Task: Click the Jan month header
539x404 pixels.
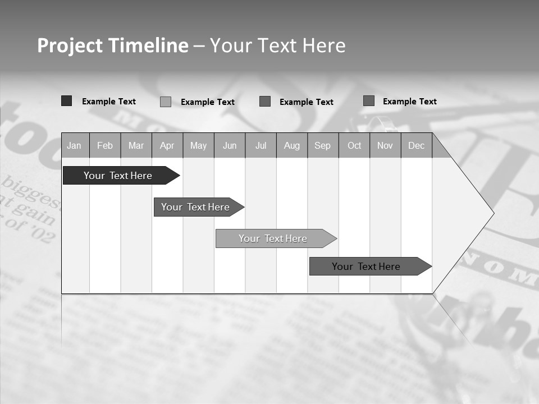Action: pyautogui.click(x=75, y=145)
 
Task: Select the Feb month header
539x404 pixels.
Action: pyautogui.click(x=105, y=145)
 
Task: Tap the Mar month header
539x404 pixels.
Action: pyautogui.click(x=136, y=145)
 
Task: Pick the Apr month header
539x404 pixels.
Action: pyautogui.click(x=167, y=145)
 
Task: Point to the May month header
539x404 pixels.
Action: pyautogui.click(x=198, y=145)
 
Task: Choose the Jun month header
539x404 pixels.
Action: pyautogui.click(x=230, y=145)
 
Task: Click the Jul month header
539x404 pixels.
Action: pyautogui.click(x=261, y=145)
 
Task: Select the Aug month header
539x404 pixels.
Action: pyautogui.click(x=292, y=145)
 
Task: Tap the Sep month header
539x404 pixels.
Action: pyautogui.click(x=323, y=145)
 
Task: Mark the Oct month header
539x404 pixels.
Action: pyautogui.click(x=354, y=145)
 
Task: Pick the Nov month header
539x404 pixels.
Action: pyautogui.click(x=385, y=145)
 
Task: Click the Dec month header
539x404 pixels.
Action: pyautogui.click(x=417, y=145)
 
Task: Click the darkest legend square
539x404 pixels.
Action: pyautogui.click(x=67, y=101)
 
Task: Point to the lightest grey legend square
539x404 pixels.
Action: pyautogui.click(x=166, y=102)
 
